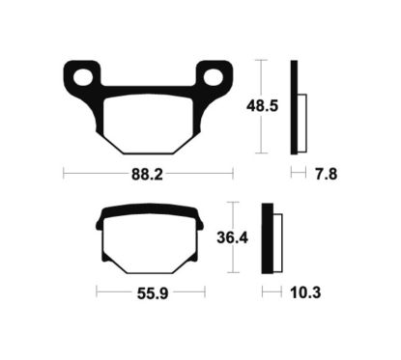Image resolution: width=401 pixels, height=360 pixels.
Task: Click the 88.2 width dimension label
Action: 147,175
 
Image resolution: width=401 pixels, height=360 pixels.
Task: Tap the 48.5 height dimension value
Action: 262,106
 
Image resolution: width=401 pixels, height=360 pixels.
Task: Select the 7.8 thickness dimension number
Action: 327,175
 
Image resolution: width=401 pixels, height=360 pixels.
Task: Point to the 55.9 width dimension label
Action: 153,293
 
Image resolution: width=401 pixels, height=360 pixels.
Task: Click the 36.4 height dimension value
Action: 233,238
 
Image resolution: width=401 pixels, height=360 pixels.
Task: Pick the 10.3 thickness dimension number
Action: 305,292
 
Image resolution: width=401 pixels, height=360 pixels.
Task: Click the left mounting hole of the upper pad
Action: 83,77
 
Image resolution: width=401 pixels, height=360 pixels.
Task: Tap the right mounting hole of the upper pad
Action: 215,77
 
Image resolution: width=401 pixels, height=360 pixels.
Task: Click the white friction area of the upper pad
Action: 149,124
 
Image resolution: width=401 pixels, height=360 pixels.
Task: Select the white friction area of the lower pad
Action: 151,244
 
